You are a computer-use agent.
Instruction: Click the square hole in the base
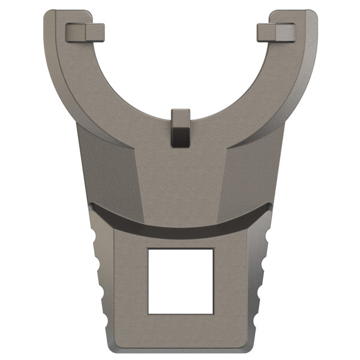181,281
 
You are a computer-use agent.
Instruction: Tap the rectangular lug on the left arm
85,32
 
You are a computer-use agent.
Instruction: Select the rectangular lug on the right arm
276,32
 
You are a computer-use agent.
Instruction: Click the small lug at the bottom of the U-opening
180,127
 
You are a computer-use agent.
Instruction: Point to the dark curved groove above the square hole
180,229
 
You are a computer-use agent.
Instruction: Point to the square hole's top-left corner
149,249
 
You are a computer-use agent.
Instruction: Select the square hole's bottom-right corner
213,313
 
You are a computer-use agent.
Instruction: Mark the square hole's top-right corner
213,249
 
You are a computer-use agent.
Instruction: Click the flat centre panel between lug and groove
180,180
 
